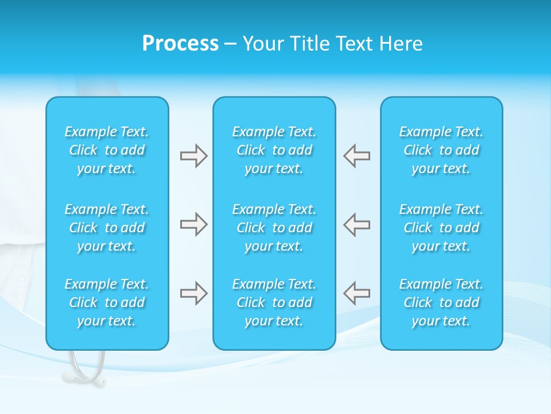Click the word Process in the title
coord(180,44)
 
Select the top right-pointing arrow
coord(193,156)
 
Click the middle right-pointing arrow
coord(193,224)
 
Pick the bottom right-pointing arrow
coord(193,293)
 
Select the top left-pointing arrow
coord(357,156)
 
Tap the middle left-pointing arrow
coord(357,224)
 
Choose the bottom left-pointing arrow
coord(357,293)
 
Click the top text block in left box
coord(107,150)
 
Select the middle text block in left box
coord(107,228)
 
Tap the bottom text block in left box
coord(107,302)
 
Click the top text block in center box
coord(274,150)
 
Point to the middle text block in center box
coord(274,228)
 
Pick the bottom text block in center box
coord(274,302)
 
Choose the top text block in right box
coord(441,150)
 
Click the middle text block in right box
coord(441,228)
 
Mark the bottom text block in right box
coord(441,302)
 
